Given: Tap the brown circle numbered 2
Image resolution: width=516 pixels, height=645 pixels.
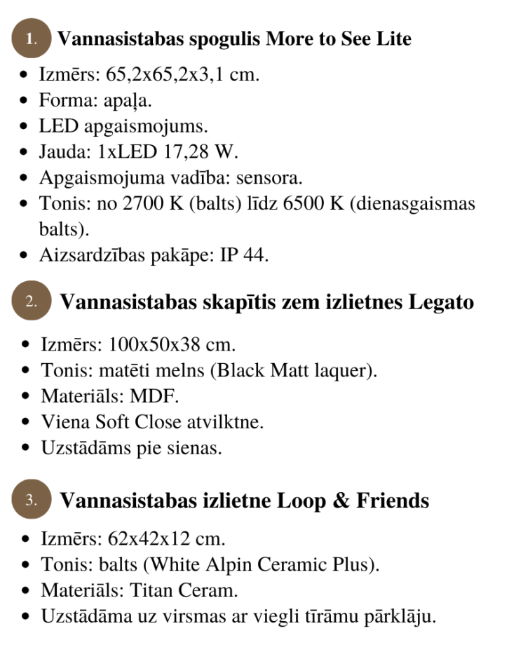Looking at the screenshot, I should click(x=32, y=302).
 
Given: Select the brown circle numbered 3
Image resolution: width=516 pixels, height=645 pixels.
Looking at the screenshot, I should click(x=32, y=501).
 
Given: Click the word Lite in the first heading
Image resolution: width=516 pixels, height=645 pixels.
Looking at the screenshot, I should click(x=393, y=39).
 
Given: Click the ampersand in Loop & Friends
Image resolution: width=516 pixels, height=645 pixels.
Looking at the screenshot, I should click(x=339, y=501).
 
